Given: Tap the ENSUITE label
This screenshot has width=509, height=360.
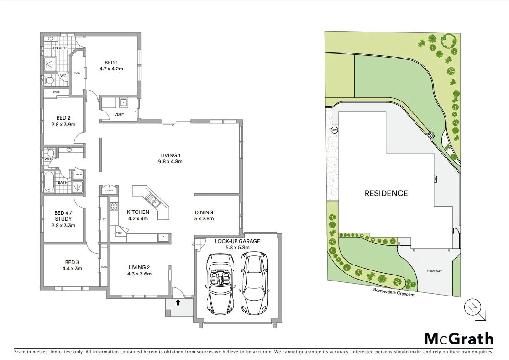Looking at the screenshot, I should (x=60, y=48).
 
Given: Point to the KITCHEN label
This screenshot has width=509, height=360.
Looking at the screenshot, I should (x=138, y=212).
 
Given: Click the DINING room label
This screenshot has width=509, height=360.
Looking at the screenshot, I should (x=204, y=212).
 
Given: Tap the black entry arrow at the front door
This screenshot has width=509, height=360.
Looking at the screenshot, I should (x=178, y=302).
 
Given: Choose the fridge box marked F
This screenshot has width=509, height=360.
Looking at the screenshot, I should (x=163, y=238).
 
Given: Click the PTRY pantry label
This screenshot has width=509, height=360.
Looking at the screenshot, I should (x=119, y=233).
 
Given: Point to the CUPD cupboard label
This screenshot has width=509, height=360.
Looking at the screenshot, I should (x=109, y=191).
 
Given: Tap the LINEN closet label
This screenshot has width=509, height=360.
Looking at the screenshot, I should (x=78, y=175).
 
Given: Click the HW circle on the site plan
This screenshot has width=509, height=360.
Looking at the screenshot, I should (x=334, y=130).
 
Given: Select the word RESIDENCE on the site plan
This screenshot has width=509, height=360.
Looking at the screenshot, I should (x=386, y=193).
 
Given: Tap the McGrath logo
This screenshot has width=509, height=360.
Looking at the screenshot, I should (x=459, y=339).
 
